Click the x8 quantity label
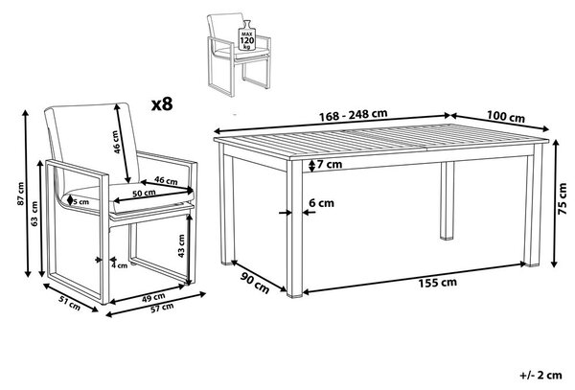click(162, 104)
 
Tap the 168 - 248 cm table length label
click(353, 115)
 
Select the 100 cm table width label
click(506, 117)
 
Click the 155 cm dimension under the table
click(438, 283)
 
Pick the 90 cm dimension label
click(255, 283)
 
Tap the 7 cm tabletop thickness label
click(330, 165)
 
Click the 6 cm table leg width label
click(321, 203)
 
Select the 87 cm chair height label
click(20, 194)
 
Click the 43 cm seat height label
click(181, 246)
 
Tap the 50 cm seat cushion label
click(144, 194)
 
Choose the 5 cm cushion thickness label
click(80, 201)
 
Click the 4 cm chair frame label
click(120, 265)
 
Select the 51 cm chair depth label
click(70, 303)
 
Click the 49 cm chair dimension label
click(153, 297)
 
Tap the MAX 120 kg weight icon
click(247, 35)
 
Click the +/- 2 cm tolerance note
click(540, 375)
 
